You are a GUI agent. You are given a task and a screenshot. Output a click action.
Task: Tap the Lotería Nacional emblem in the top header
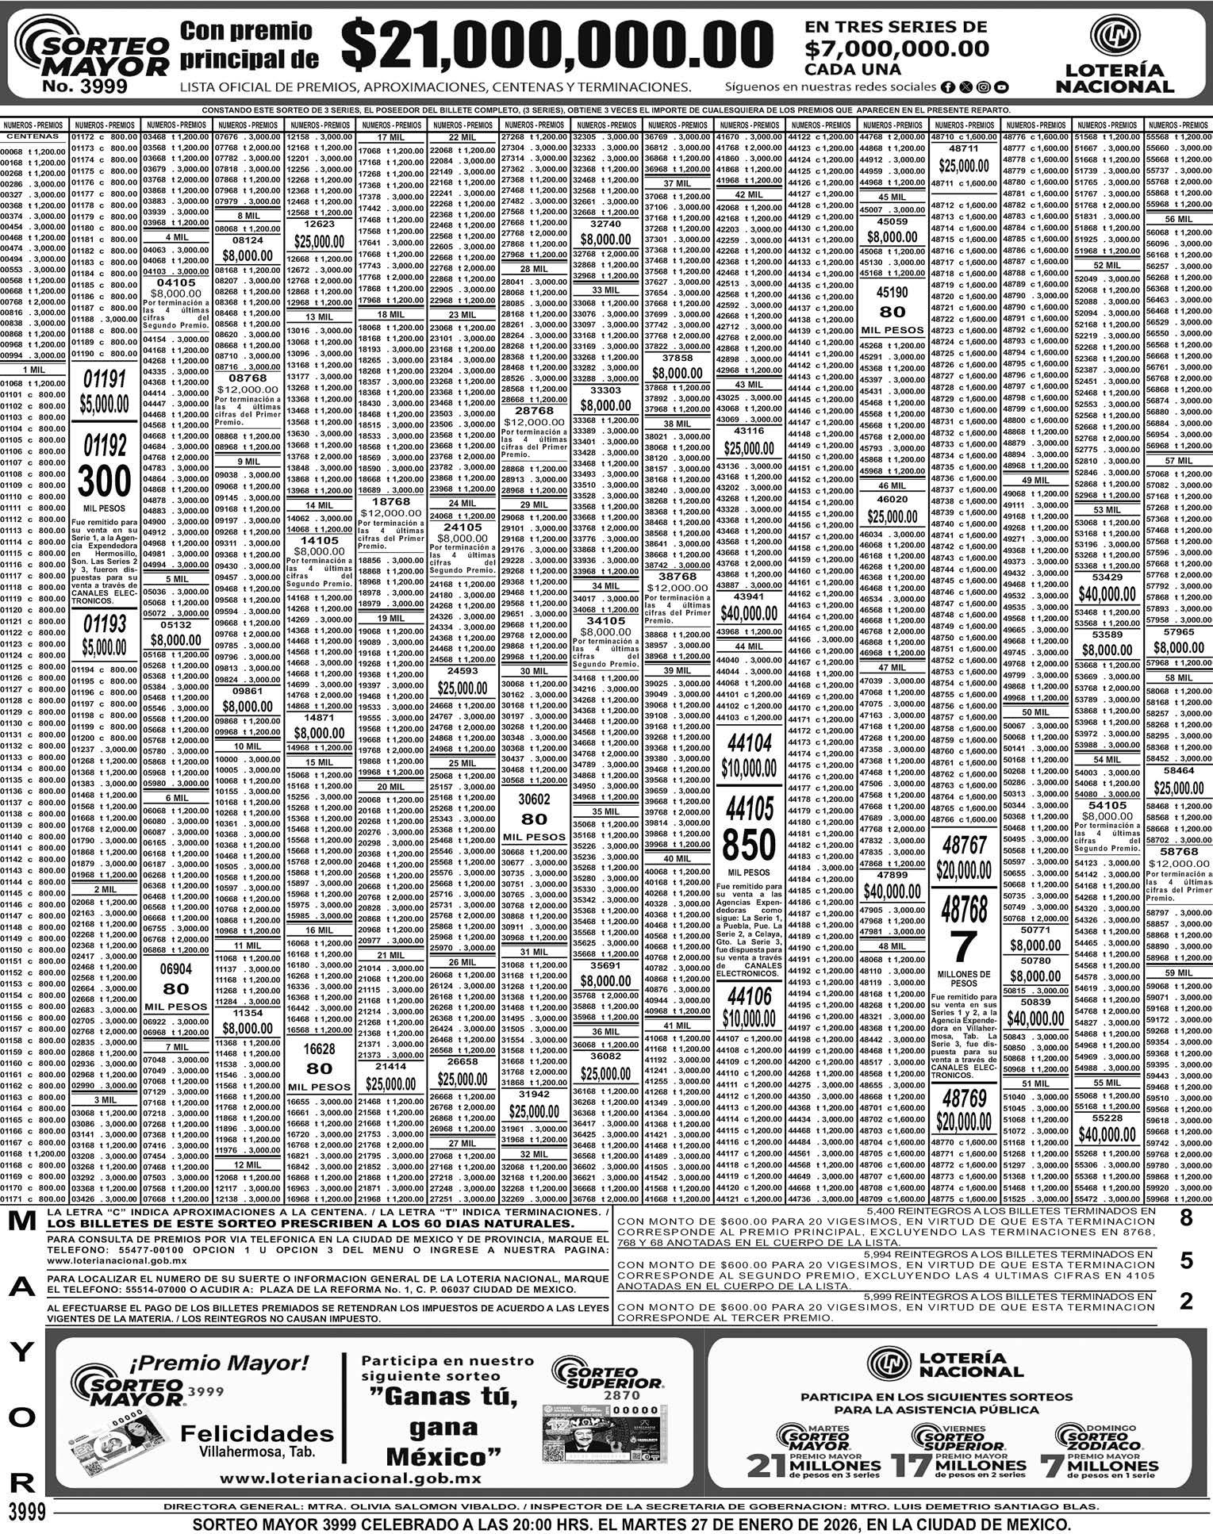(x=1114, y=37)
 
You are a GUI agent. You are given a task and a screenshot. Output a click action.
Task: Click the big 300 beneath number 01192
(x=105, y=481)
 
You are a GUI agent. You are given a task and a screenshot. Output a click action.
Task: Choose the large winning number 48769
(x=963, y=1098)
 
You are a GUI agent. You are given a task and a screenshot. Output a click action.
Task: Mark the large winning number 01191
(x=105, y=379)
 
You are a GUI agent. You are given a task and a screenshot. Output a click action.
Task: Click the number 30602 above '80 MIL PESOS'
(x=534, y=800)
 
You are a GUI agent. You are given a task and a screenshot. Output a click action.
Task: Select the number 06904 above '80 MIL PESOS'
(x=176, y=968)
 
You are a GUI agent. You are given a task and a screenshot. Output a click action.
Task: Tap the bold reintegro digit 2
(x=1186, y=1302)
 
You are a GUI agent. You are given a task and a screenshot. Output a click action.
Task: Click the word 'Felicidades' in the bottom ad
(x=257, y=1433)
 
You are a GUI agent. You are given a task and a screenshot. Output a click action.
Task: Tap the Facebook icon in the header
(x=948, y=87)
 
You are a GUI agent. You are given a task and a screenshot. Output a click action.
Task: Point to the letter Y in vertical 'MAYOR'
(x=21, y=1353)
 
